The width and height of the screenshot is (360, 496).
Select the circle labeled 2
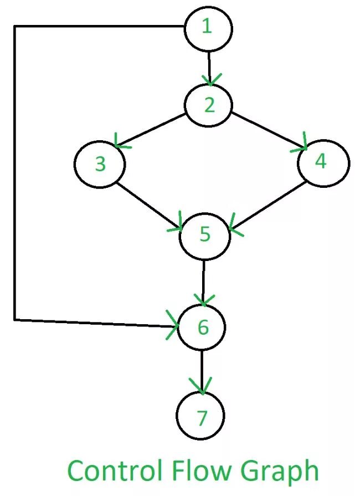pyautogui.click(x=209, y=105)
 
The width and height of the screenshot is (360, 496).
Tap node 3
pyautogui.click(x=100, y=165)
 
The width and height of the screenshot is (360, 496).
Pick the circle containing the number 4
pyautogui.click(x=323, y=162)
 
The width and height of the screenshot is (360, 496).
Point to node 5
pyautogui.click(x=205, y=235)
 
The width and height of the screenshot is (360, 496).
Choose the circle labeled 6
pyautogui.click(x=202, y=328)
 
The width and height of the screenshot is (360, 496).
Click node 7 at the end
pyautogui.click(x=201, y=417)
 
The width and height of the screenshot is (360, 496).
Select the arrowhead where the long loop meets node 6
pyautogui.click(x=173, y=327)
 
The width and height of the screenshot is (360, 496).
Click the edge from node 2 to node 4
pyautogui.click(x=266, y=130)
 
